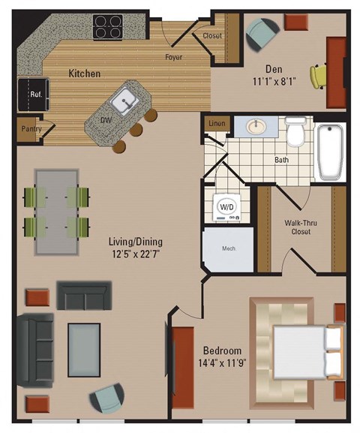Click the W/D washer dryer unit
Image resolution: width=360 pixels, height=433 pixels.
tap(225, 205)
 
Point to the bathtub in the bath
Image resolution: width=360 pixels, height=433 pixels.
tap(329, 152)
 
